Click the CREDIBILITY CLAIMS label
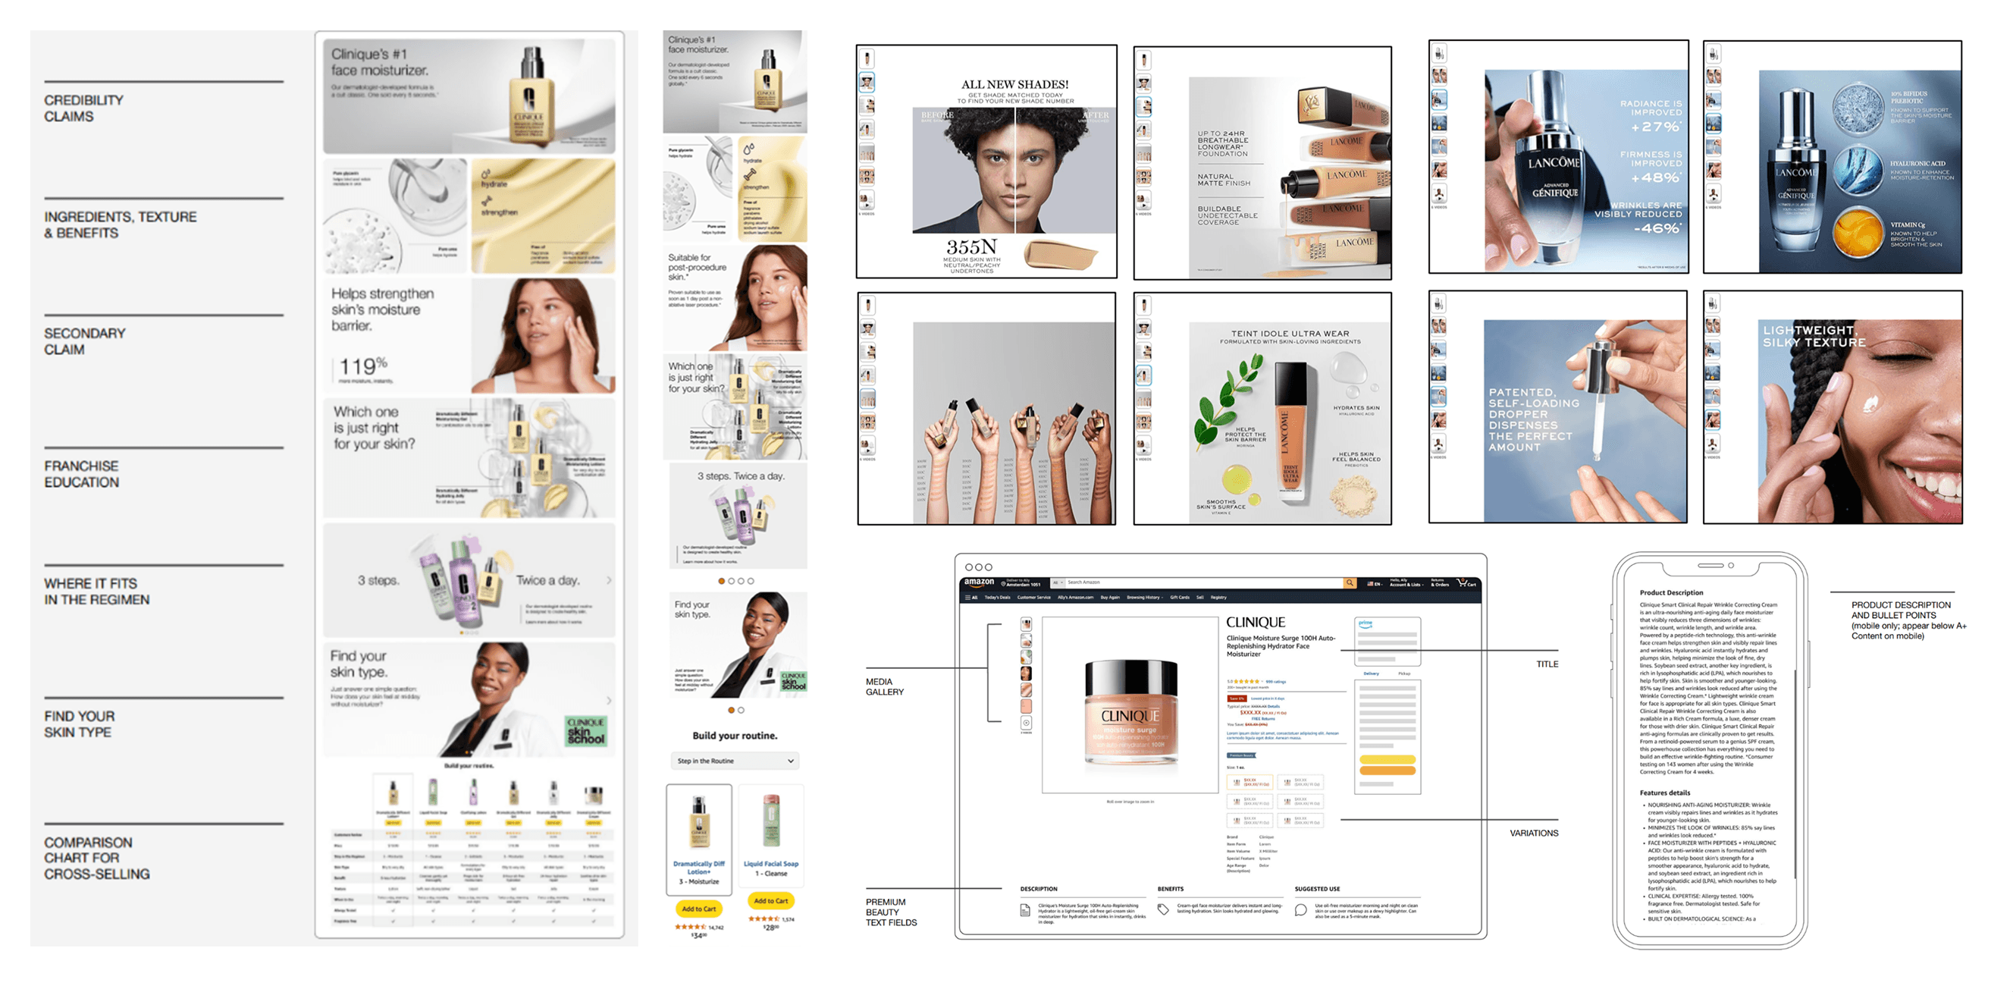[83, 108]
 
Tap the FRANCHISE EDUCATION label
[81, 474]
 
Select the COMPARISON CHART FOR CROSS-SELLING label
[96, 858]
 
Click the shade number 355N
[971, 247]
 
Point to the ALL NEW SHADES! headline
[1014, 84]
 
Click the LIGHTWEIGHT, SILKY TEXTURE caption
[1814, 336]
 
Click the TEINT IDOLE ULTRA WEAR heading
[1290, 334]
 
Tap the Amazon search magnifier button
[1350, 582]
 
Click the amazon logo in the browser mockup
[978, 582]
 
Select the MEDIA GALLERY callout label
[884, 686]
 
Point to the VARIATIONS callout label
[1533, 833]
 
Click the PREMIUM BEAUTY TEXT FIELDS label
[891, 912]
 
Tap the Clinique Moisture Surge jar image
[1130, 711]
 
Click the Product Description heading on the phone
[1671, 592]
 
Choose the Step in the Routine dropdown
[735, 761]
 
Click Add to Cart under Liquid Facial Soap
[770, 900]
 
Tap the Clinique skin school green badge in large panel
[585, 731]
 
